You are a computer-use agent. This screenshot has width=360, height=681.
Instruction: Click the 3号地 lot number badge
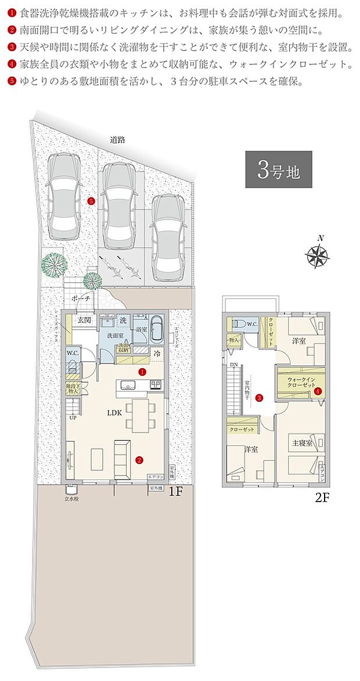tap(278, 170)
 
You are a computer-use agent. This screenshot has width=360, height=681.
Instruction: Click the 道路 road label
tap(118, 140)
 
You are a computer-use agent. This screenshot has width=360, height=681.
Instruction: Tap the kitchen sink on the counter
tap(128, 384)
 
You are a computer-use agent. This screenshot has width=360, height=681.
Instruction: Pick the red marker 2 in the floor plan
tap(139, 461)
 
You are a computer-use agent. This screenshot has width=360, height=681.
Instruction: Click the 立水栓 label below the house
tap(72, 498)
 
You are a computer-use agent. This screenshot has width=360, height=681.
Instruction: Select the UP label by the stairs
tap(73, 417)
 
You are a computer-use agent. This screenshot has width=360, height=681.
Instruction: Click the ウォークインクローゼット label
tap(301, 383)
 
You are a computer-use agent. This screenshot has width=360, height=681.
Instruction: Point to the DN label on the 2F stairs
tap(233, 365)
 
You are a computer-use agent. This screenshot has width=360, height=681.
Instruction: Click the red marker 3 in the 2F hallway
tap(260, 398)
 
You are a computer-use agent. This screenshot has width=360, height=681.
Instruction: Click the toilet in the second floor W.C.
tap(238, 324)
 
